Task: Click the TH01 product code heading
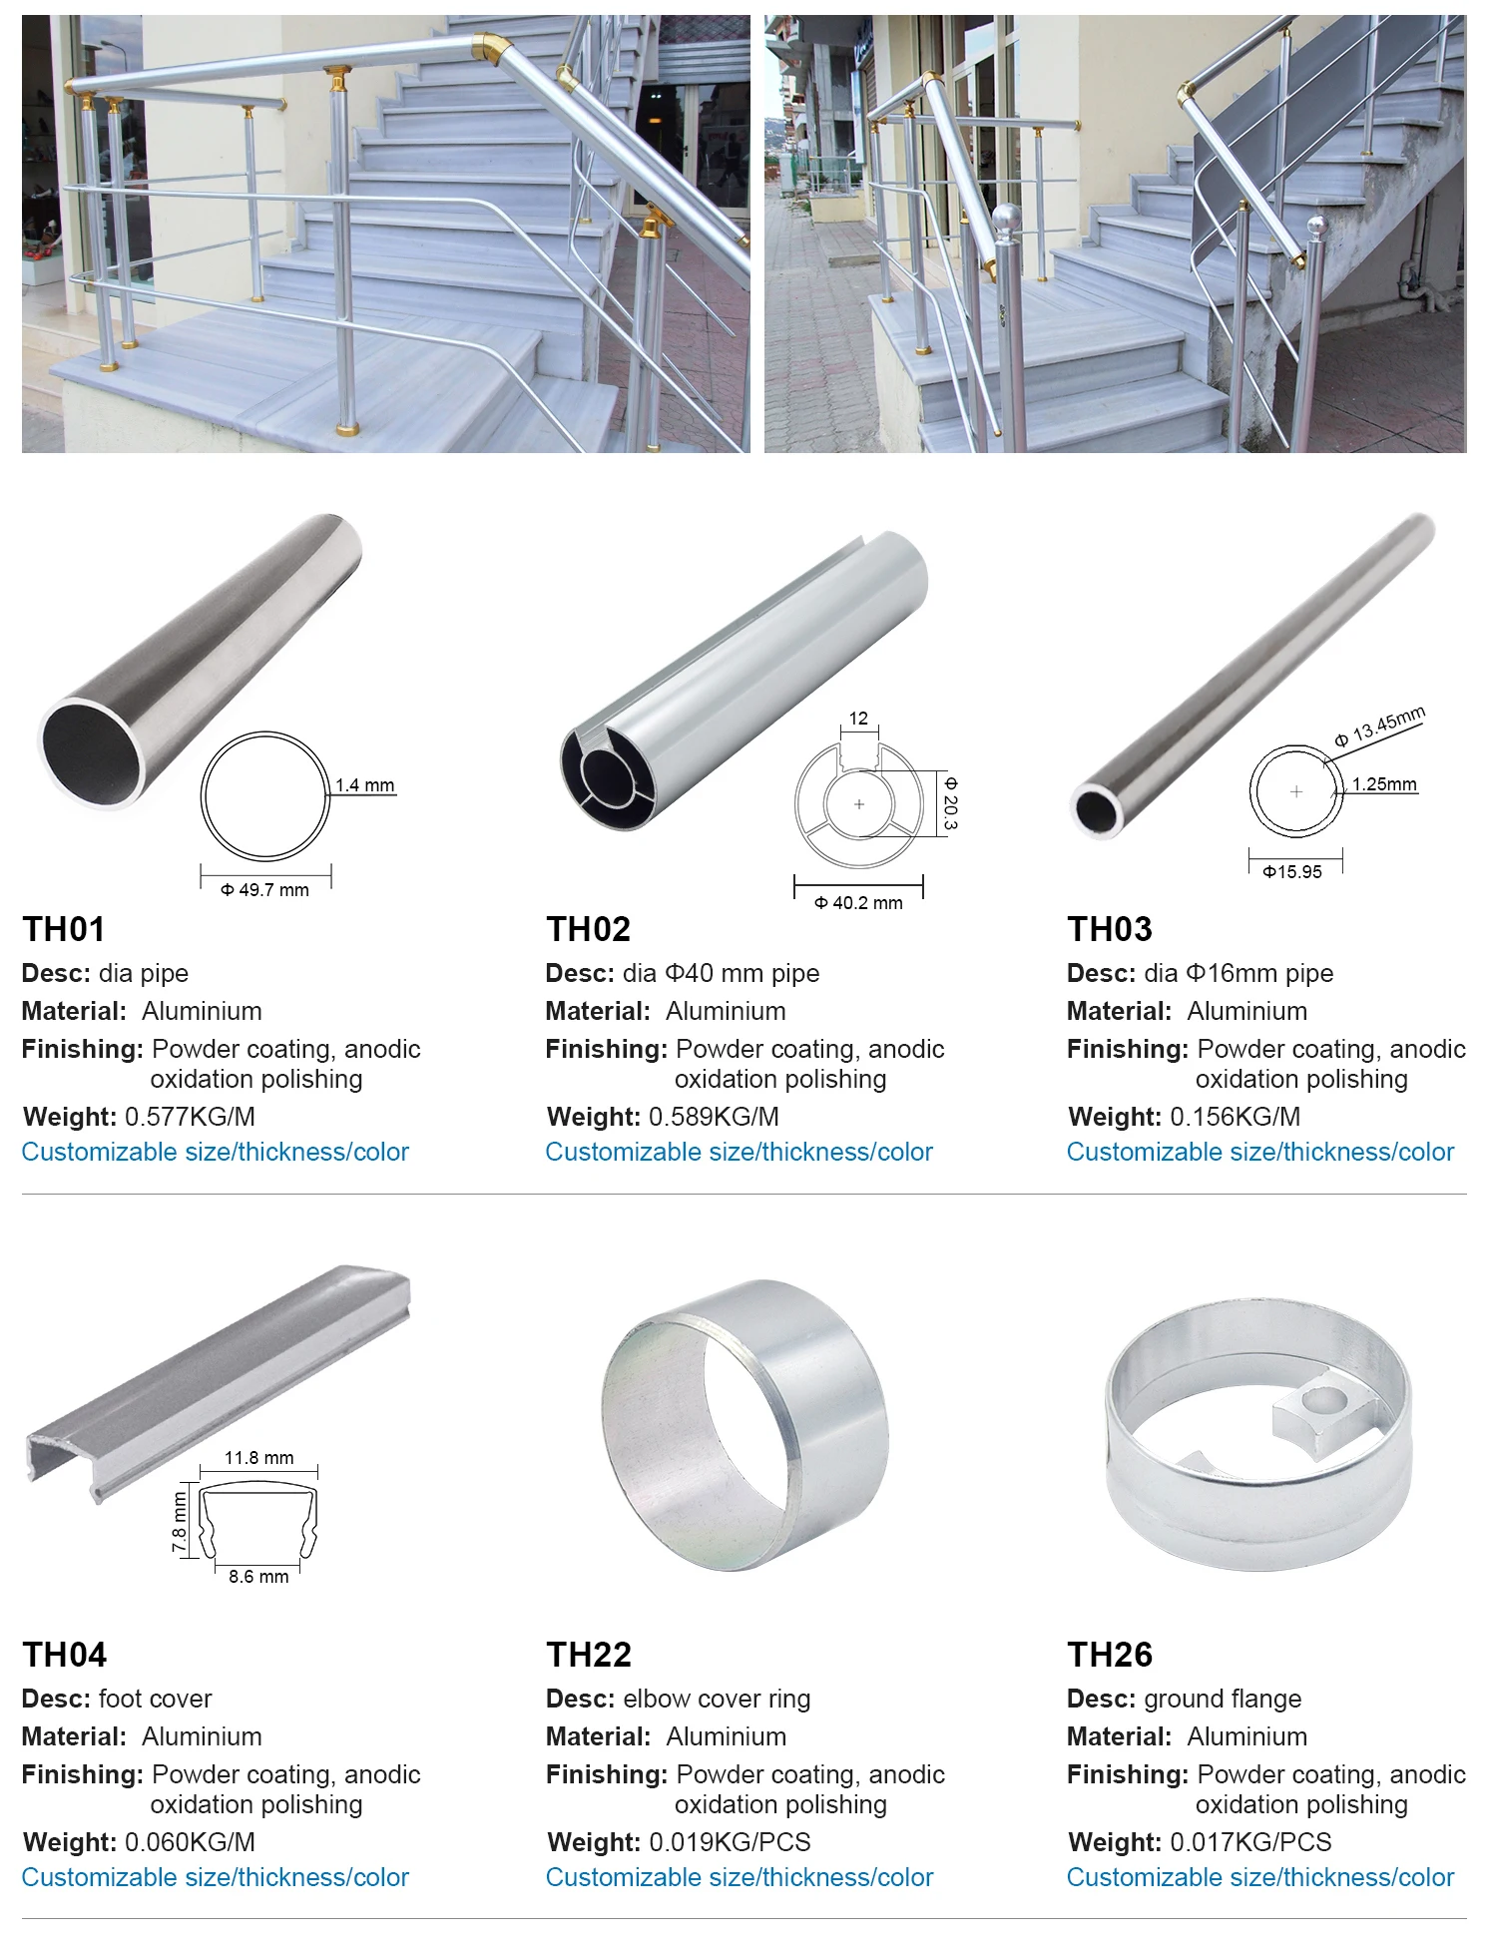tap(64, 929)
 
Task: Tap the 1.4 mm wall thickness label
tap(364, 785)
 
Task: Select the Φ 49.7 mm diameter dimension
tap(265, 890)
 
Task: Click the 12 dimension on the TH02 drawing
tap(858, 719)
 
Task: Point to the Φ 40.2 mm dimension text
tap(858, 903)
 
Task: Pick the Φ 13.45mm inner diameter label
tap(1380, 727)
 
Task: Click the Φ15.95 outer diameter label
tap(1292, 872)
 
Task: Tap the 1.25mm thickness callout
tap(1384, 784)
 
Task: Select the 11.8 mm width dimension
tap(258, 1458)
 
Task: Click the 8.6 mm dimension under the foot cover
tap(258, 1577)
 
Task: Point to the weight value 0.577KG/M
tap(190, 1117)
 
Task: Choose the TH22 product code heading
tap(589, 1655)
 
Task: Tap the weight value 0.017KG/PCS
tap(1250, 1842)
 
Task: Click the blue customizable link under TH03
tap(1259, 1152)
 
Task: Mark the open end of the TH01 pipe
tap(92, 751)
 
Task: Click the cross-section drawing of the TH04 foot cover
tap(258, 1517)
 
